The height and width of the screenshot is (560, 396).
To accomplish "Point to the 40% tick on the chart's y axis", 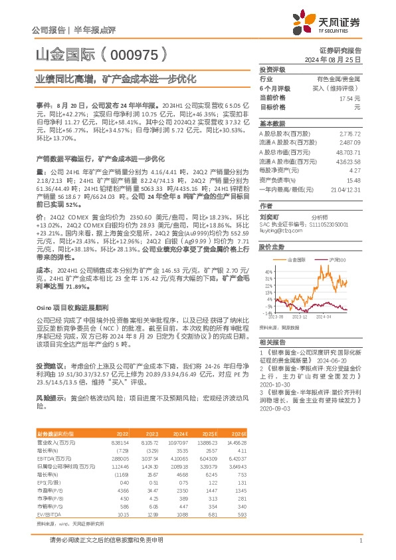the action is (267, 272).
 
